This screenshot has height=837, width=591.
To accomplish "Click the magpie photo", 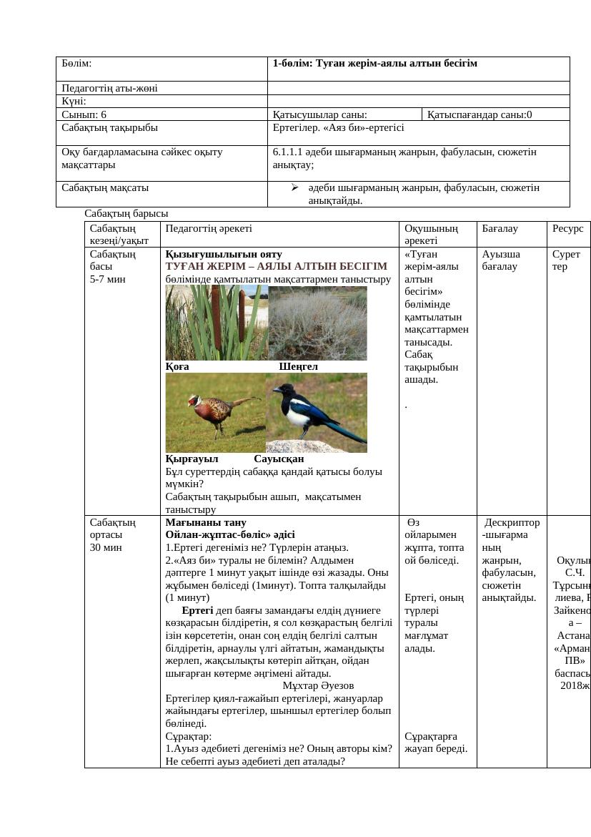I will coord(317,413).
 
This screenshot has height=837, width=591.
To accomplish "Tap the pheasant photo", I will coord(216,413).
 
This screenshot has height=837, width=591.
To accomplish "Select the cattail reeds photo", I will coord(217,323).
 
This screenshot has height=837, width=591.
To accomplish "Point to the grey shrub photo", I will coord(317,323).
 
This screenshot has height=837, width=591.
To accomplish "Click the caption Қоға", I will coord(177,366).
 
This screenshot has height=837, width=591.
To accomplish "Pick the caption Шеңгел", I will coord(298,366).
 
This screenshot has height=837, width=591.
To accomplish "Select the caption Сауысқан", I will coord(279,459).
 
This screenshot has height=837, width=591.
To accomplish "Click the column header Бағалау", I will coord(500,228).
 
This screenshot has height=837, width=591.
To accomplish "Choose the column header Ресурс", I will coord(567,228).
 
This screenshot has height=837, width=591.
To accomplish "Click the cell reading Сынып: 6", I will coord(84,114).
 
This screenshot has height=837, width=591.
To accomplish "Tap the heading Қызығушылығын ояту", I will coord(224,254).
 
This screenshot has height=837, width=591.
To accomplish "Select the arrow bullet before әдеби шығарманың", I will coord(294,187).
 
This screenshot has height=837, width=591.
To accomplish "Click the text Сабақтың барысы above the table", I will coord(126,213).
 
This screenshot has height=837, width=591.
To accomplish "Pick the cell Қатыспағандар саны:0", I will coord(480,114).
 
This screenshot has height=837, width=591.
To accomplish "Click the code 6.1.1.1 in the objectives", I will coord(293,152).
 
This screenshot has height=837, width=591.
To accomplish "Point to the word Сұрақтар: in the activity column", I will coord(189,735).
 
